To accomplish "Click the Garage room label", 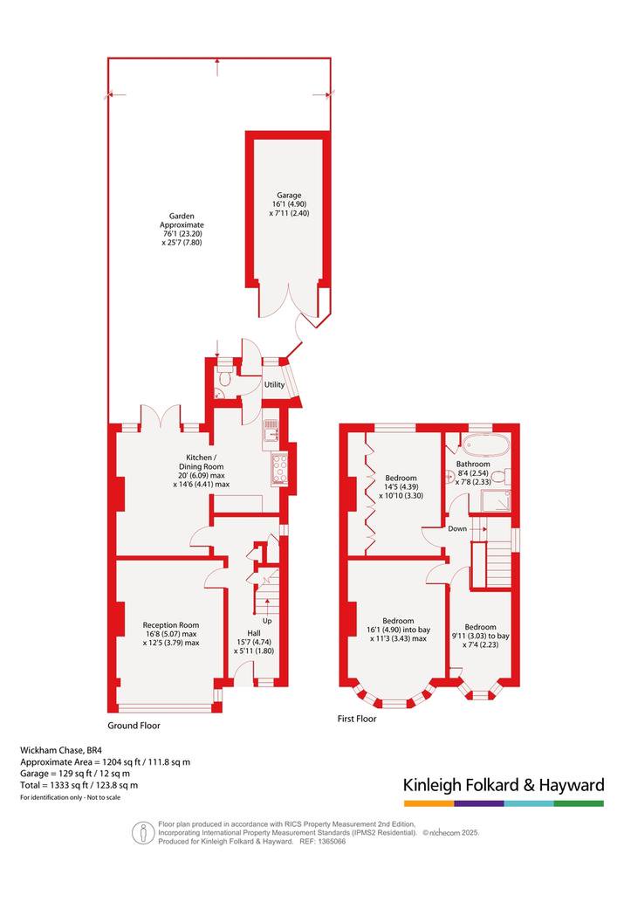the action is [289, 195].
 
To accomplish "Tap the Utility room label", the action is [274, 384].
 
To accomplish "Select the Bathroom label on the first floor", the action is [473, 464].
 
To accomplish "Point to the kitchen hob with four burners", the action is [279, 469].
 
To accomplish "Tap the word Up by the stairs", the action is [267, 621].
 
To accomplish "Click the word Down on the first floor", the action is [457, 528].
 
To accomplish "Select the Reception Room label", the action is [171, 624].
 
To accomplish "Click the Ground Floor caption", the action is [134, 726].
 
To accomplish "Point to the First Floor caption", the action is [357, 719].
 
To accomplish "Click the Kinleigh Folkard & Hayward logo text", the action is [504, 785].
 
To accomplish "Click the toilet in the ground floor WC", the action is [225, 378].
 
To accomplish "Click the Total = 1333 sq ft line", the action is [79, 785].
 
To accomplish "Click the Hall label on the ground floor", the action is [254, 633].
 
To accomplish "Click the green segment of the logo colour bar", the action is [579, 803].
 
